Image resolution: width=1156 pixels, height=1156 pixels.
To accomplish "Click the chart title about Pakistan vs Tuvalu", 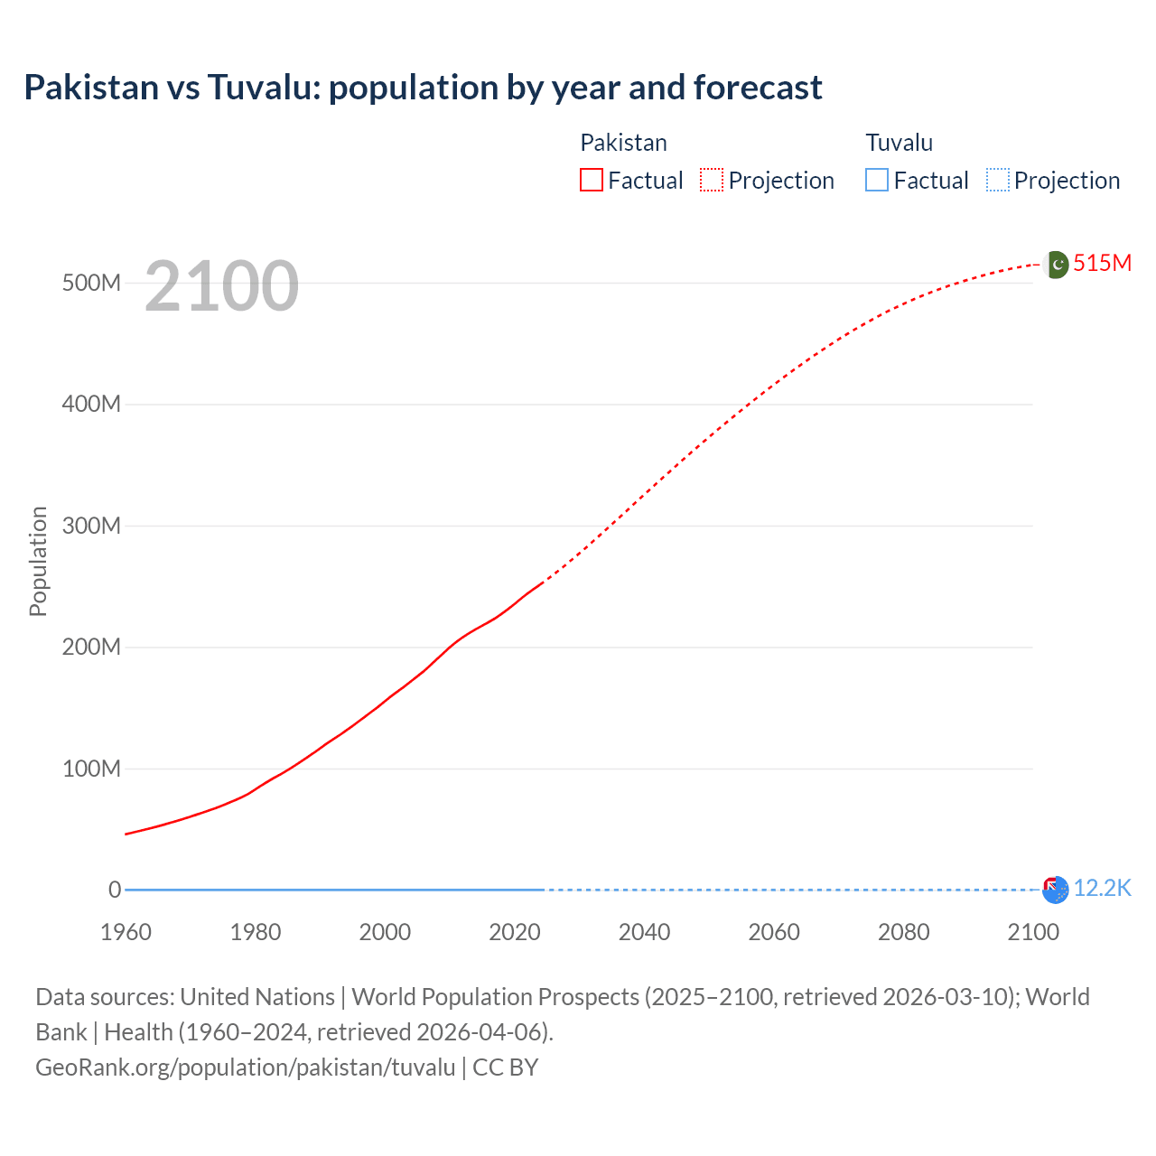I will (423, 88).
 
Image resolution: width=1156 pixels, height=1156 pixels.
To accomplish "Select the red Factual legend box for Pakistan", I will (591, 180).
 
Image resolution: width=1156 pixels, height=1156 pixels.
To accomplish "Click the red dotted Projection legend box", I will (712, 180).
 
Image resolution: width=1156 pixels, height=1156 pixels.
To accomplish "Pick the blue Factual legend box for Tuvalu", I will (876, 180).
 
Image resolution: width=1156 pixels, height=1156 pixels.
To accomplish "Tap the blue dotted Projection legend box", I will (997, 180).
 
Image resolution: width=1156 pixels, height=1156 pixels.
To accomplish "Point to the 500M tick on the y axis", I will (91, 283).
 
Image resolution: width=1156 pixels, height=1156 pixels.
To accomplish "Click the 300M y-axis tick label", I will (91, 526).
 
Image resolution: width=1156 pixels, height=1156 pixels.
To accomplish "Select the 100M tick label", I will (91, 769).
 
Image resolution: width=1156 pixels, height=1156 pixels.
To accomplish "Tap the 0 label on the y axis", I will (115, 890).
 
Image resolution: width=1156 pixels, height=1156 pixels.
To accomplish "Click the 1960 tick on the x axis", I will (126, 932).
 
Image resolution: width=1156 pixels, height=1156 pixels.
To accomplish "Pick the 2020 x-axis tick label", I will (515, 932).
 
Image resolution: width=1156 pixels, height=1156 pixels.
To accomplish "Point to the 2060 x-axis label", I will (774, 932).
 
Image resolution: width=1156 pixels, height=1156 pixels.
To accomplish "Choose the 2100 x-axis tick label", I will (1033, 932).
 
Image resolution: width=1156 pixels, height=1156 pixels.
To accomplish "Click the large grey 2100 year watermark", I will (221, 286).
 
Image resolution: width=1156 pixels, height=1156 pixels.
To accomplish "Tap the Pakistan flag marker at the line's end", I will (1055, 264).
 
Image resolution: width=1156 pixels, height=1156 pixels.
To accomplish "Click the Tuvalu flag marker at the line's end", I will (1055, 890).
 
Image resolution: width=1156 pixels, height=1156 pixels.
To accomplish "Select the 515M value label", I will (1102, 263).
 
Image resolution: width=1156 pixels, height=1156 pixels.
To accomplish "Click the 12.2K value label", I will (1102, 889).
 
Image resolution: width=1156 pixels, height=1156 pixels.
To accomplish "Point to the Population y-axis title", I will (38, 561).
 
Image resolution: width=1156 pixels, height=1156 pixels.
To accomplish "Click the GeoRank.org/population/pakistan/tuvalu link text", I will (245, 1067).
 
